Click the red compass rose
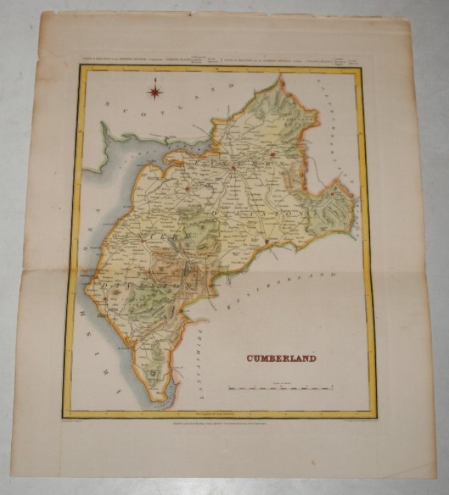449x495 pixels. (x=156, y=89)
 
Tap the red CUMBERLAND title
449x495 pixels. (x=281, y=358)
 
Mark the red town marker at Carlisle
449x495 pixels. (x=233, y=168)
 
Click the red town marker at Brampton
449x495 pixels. (x=271, y=154)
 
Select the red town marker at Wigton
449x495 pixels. (x=188, y=190)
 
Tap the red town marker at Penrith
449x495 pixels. (x=267, y=242)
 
